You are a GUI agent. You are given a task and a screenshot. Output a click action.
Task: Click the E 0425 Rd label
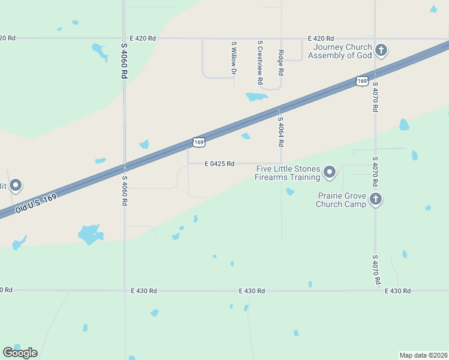[x=219, y=163]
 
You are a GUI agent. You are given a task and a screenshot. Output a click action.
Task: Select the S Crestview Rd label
[x=260, y=62]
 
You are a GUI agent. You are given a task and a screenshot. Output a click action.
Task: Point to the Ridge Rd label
[x=280, y=62]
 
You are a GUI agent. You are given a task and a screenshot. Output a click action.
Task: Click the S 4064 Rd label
[x=280, y=131]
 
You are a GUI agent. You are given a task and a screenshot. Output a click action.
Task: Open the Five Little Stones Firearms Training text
[x=288, y=173]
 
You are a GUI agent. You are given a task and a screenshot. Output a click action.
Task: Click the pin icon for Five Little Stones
[x=330, y=173]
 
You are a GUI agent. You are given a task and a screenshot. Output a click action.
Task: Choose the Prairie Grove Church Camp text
[x=341, y=200]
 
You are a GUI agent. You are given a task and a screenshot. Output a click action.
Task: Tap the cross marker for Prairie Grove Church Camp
[x=376, y=199]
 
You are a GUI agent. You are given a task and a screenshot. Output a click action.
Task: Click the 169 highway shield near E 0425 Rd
[x=199, y=142]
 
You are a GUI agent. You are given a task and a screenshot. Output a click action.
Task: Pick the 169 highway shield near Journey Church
[x=361, y=80]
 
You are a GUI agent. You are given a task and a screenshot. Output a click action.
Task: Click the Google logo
[x=20, y=353]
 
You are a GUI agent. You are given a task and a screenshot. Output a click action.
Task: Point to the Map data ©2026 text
[x=423, y=355]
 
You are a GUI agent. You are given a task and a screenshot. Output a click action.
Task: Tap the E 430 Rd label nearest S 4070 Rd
[x=398, y=291]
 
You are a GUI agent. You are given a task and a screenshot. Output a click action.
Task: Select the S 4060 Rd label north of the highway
[x=124, y=62]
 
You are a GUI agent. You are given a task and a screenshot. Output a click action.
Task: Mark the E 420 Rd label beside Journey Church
[x=321, y=38]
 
